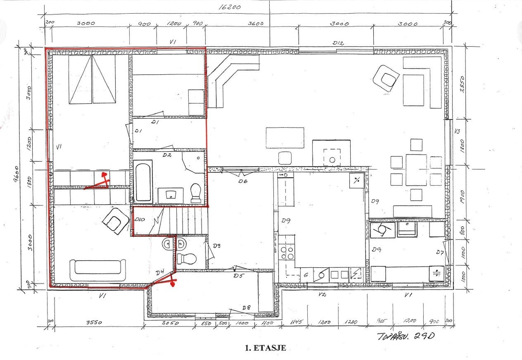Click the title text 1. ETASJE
click(266, 348)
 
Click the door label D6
click(242, 181)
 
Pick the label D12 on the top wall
click(338, 43)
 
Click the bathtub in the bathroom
click(143, 182)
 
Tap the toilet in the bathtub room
click(195, 192)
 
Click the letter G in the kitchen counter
click(306, 274)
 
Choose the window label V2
click(323, 294)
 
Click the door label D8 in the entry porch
click(247, 308)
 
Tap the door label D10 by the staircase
click(139, 219)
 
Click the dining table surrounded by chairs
click(416, 170)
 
